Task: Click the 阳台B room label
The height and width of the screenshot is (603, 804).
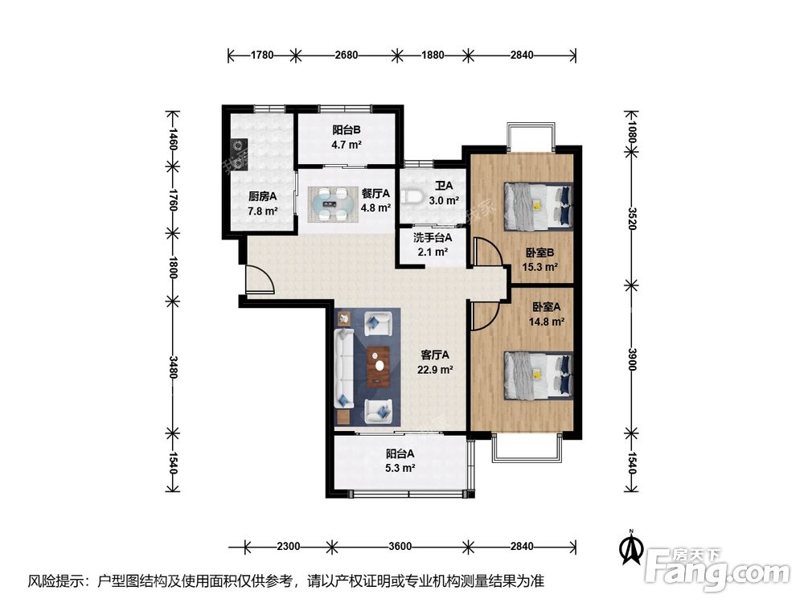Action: pos(346,130)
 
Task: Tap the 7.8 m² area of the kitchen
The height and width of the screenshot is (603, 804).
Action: pos(263,210)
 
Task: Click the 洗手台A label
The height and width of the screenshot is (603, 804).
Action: pos(433,238)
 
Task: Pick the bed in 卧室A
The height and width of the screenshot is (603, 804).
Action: pos(539,375)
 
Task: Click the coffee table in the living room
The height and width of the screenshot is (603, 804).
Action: pos(379,367)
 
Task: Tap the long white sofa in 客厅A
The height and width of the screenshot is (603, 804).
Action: pos(344,368)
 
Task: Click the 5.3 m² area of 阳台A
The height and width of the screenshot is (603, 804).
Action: pos(400,468)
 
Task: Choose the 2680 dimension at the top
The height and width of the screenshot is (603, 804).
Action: pos(346,55)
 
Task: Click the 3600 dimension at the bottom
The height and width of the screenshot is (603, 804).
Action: pos(400,547)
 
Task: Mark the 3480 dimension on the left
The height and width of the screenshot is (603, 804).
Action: pos(173,367)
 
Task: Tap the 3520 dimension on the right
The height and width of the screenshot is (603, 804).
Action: pos(632,219)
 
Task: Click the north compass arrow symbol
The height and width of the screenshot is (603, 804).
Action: pos(632,548)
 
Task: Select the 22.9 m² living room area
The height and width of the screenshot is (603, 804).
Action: pos(435,369)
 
